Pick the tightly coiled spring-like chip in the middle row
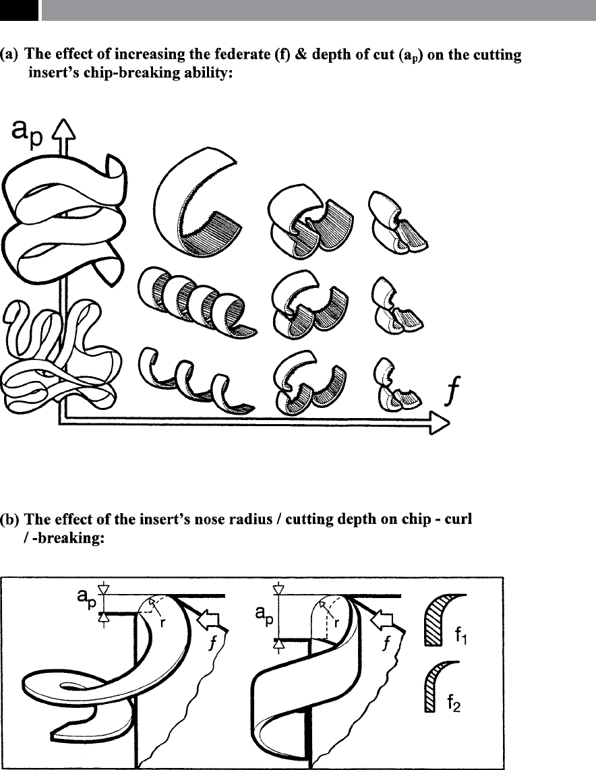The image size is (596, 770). point(196,301)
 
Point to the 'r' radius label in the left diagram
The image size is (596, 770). point(162,623)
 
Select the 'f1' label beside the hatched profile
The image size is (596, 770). point(461,637)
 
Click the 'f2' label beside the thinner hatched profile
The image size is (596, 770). point(454,705)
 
